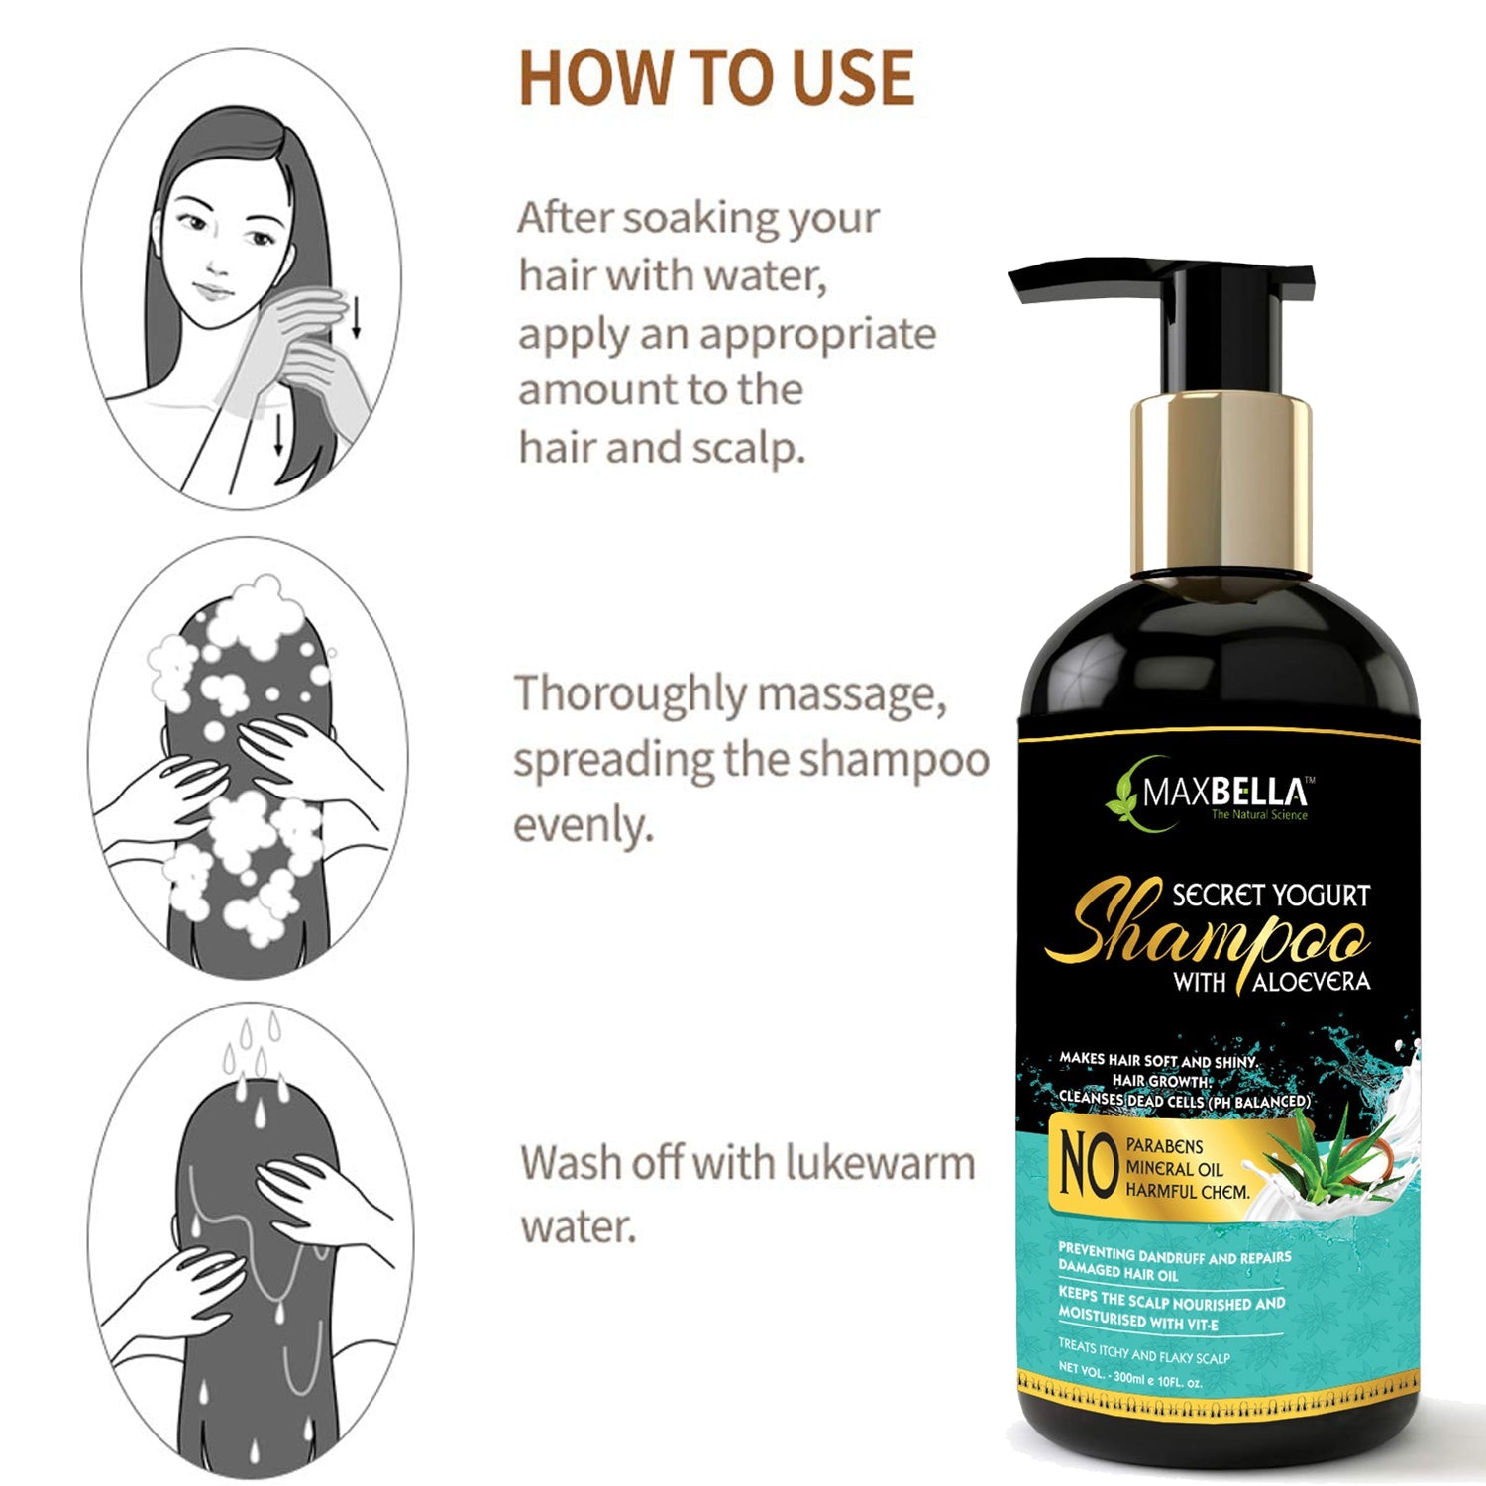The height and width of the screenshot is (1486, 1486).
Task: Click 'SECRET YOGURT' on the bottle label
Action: pos(1271,895)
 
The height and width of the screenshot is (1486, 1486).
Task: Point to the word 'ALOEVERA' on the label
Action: pos(1312,982)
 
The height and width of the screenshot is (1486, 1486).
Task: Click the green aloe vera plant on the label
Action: pos(1313,1153)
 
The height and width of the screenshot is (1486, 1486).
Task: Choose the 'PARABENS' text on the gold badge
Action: pos(1165,1146)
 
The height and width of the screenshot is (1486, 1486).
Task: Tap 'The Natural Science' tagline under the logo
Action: pos(1259,815)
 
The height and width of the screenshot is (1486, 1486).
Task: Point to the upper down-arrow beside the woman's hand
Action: pos(357,316)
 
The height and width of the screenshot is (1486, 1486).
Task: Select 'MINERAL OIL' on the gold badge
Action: pos(1174,1169)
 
